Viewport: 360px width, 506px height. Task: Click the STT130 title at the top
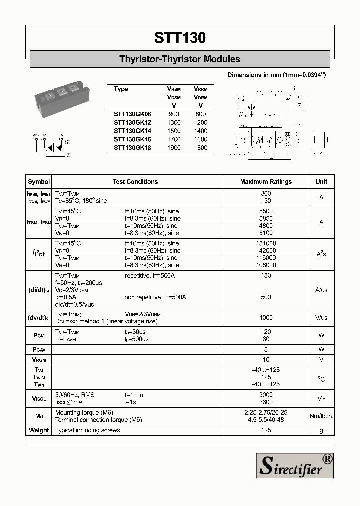point(180,38)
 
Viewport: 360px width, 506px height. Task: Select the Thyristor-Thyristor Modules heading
point(180,59)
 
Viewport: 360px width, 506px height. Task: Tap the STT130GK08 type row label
point(132,114)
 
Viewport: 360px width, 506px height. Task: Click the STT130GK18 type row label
point(132,148)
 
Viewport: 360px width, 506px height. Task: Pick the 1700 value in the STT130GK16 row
point(174,139)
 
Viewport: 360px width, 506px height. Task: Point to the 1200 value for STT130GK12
point(200,122)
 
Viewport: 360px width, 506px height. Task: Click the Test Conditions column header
point(135,182)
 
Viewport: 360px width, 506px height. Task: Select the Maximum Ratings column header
point(266,182)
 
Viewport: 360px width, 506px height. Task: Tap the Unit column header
point(321,182)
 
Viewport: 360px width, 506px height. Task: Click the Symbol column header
point(39,182)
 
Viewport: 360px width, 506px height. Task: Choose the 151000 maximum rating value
point(266,243)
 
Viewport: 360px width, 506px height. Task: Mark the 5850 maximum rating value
point(266,219)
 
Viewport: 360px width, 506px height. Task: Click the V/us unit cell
point(321,318)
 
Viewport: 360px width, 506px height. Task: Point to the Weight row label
point(39,430)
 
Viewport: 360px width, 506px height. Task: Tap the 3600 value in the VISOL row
point(266,402)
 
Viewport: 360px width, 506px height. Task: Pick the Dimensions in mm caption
point(276,75)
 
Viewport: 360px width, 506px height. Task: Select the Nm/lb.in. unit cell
point(321,416)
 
